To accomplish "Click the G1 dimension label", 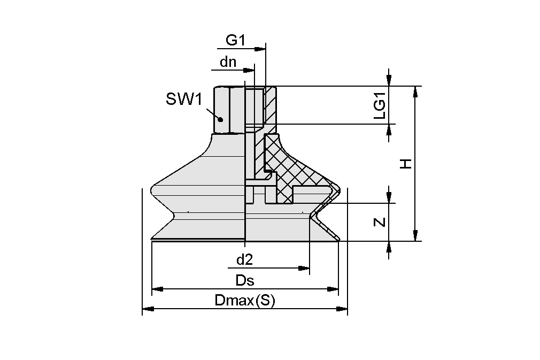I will pos(235,40).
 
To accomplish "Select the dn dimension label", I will pos(228,62).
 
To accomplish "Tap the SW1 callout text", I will pos(182,99).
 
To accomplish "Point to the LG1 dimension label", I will pos(379,105).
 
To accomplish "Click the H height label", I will pos(406,164).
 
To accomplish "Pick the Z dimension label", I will pos(379,221).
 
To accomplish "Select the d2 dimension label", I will pos(244,260).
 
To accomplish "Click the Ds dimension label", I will pos(244,280).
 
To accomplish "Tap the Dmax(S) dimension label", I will pos(244,301).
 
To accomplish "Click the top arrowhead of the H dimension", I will pos(415,91).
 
